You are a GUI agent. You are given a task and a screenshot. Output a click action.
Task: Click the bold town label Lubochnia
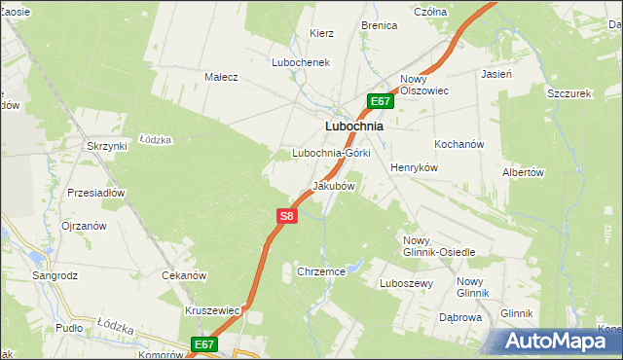352,126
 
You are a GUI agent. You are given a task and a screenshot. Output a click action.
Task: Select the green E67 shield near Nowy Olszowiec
381,101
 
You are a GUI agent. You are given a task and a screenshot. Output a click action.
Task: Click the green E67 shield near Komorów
203,343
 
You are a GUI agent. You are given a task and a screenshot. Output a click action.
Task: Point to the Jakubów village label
332,185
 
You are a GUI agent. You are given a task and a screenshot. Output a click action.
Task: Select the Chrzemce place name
321,271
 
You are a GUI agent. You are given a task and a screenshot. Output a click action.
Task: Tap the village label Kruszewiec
212,310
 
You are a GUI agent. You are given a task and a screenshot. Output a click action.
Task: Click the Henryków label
416,167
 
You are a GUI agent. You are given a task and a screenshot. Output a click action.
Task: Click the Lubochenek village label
302,61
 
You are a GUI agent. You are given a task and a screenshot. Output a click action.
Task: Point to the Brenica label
380,25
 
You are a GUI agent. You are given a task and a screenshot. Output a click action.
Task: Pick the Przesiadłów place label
96,193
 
